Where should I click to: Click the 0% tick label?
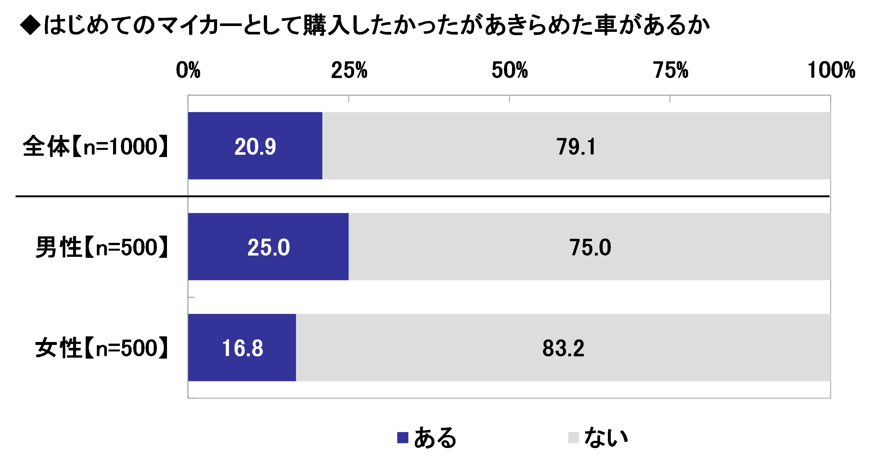point(188,70)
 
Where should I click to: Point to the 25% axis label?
point(349,70)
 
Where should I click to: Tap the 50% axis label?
point(509,70)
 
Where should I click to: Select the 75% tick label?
point(671,70)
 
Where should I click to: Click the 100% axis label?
point(831,70)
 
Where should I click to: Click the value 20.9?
point(255,147)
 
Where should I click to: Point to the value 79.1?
point(576,147)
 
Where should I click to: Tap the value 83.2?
point(563,348)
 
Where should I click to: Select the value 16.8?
point(242,348)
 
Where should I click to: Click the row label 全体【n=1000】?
point(95,147)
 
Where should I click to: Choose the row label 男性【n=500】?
point(102,247)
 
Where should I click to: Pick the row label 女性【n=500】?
point(102,348)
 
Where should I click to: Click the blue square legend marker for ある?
point(402,437)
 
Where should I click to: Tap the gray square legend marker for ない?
point(573,437)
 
